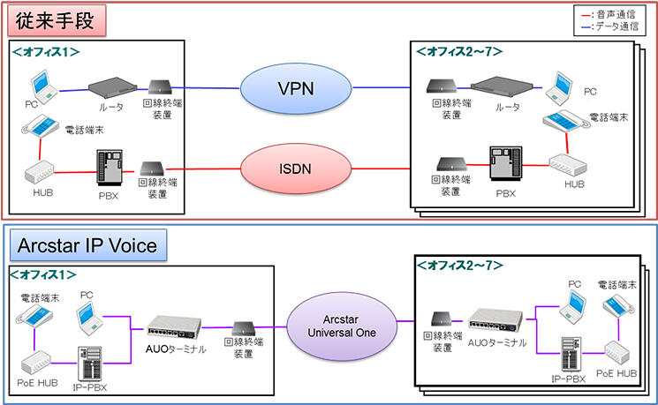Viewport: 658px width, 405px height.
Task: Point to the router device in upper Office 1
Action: coord(113,87)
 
